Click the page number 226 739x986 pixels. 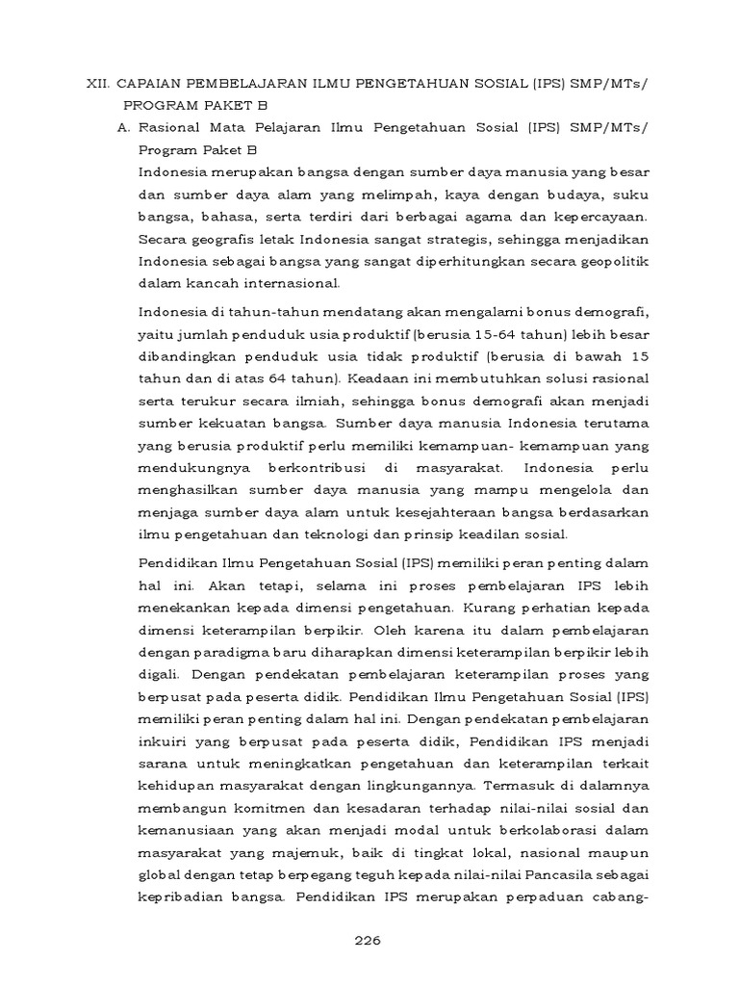pyautogui.click(x=369, y=941)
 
